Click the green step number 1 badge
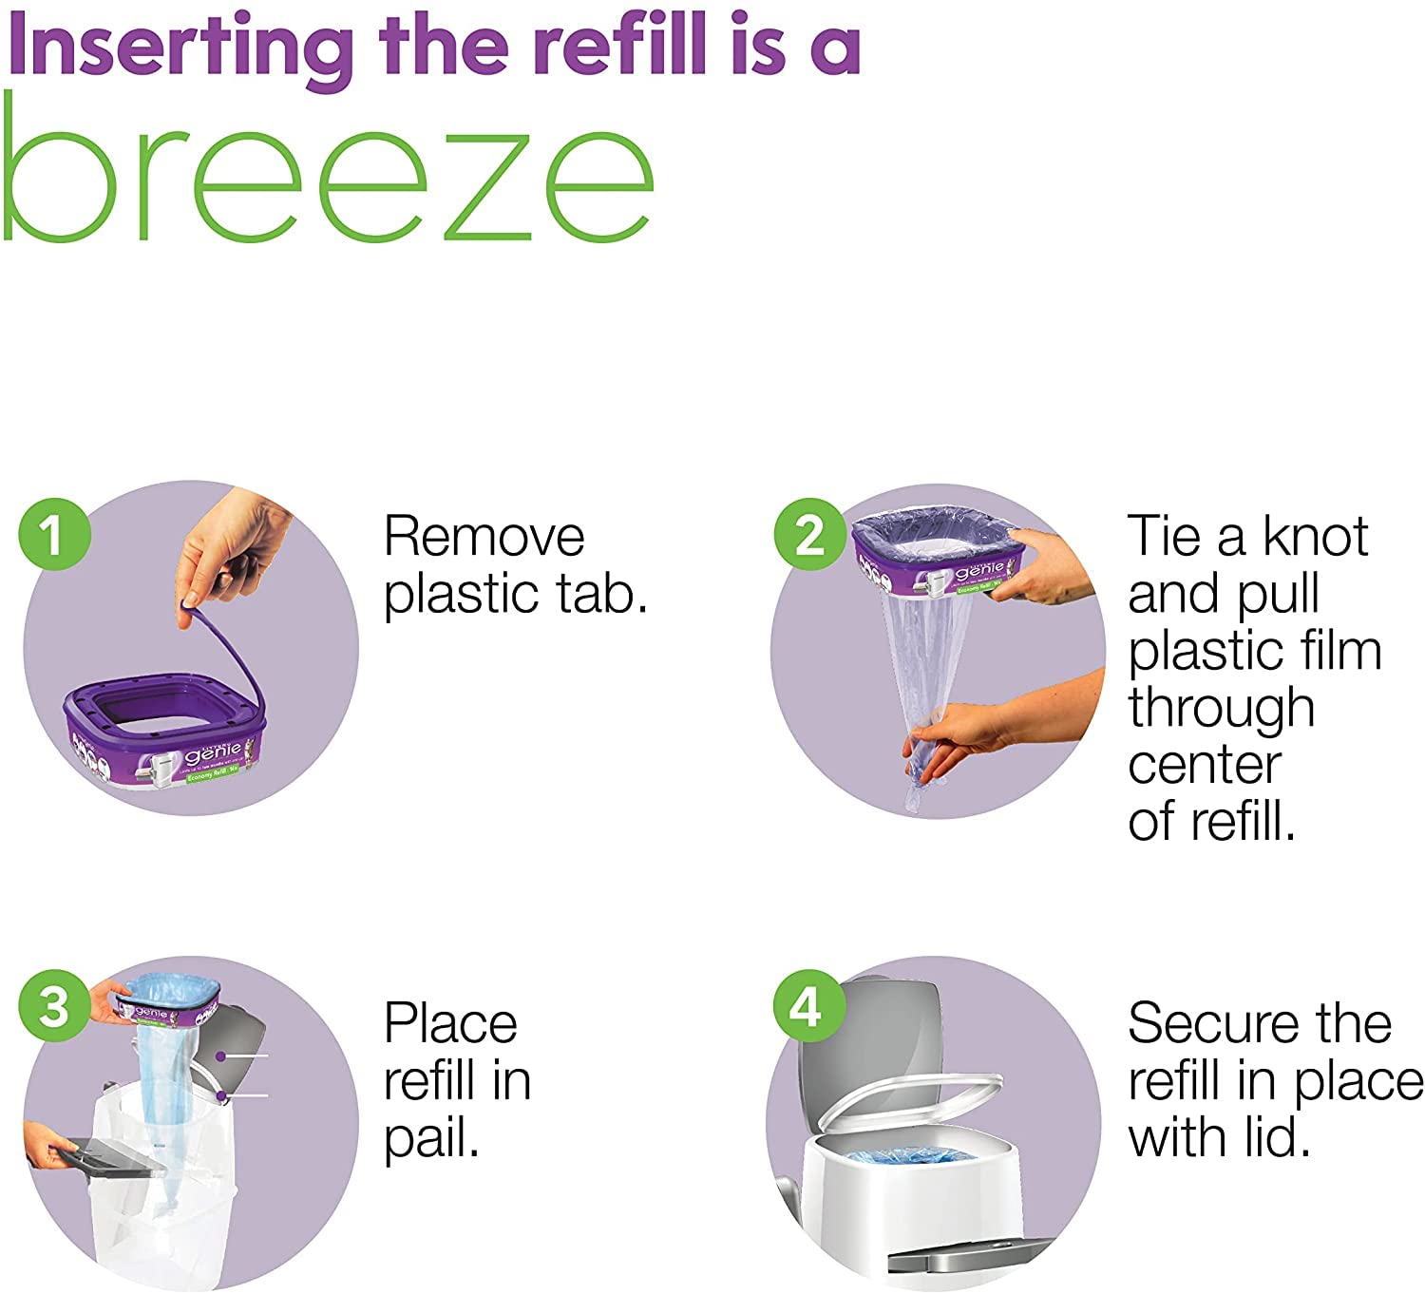coord(54,535)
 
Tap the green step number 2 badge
coord(809,535)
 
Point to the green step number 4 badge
coord(807,1007)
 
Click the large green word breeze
coord(328,171)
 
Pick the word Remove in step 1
coord(484,537)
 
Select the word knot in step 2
coord(1315,537)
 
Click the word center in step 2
coord(1205,765)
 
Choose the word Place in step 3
coord(450,1024)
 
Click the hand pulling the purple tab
coord(233,551)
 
